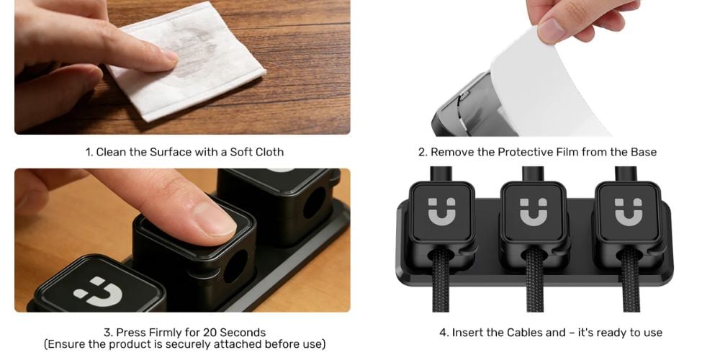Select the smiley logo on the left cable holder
point(442,212)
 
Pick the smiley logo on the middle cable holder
point(534,212)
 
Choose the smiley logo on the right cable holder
point(629,212)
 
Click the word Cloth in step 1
point(269,152)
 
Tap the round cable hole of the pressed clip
point(236,266)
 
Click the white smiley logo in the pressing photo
point(98,291)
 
